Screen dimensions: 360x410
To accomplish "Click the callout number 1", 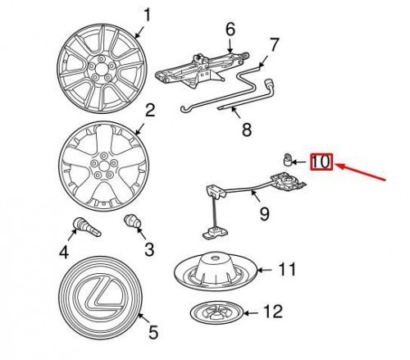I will point(148,14).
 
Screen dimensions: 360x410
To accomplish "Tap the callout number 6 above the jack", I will point(230,29).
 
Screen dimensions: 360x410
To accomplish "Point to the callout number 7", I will point(275,43).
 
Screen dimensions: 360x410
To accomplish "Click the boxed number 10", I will point(321,162).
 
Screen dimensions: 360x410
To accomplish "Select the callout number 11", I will point(285,267).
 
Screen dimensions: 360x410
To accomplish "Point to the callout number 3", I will point(148,248).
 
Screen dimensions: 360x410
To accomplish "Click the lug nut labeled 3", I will point(130,222).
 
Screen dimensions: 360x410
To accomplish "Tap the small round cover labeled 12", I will point(218,313).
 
